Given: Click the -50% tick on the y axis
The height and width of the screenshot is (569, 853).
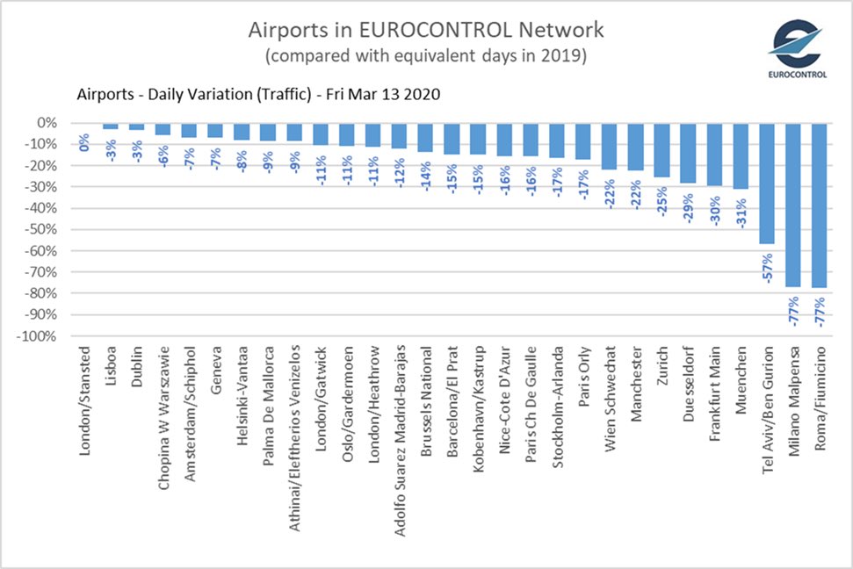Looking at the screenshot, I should point(45,229).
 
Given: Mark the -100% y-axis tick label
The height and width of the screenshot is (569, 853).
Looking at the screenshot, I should point(41,336).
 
